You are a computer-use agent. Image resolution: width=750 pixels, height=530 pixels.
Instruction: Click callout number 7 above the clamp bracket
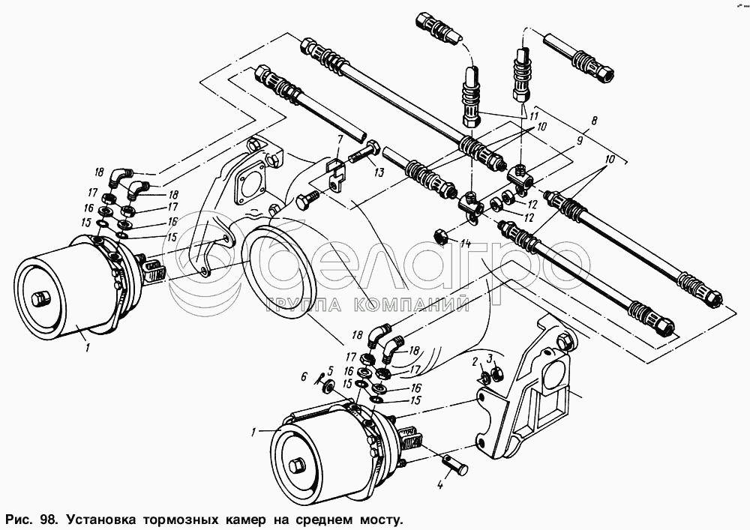[340, 139]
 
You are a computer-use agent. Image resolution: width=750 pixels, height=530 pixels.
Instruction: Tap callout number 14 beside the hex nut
[465, 244]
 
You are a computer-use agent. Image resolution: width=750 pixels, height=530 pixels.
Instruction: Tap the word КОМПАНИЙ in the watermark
[423, 304]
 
